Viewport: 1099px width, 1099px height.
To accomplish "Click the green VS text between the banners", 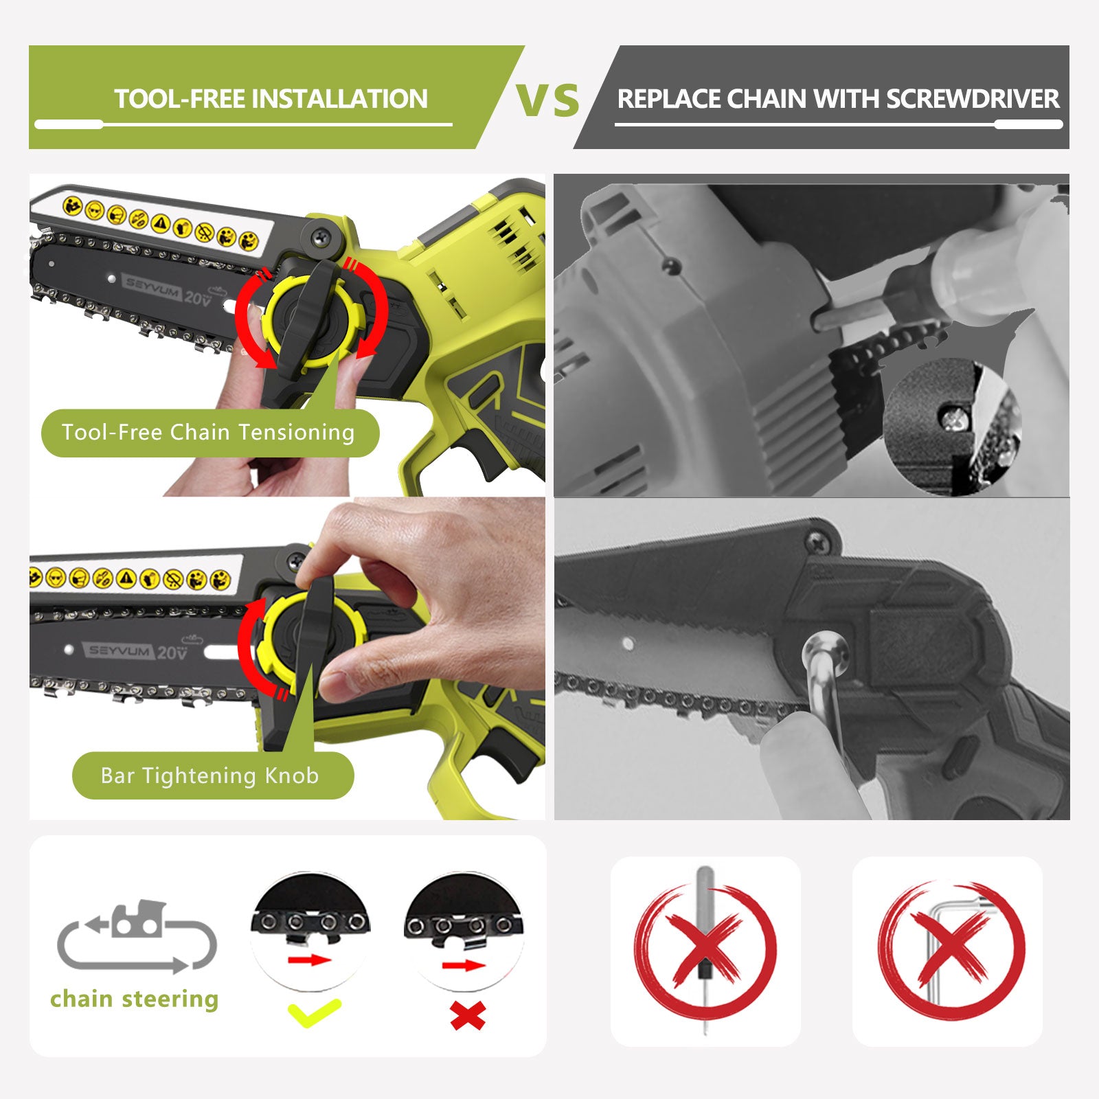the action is click(x=547, y=100).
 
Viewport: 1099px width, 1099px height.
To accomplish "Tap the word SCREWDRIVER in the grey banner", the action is click(x=973, y=99).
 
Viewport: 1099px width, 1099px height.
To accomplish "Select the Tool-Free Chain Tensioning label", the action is click(x=208, y=432).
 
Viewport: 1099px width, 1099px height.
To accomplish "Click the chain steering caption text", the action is click(x=135, y=999).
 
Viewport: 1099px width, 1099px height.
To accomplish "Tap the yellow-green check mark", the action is click(x=314, y=1012).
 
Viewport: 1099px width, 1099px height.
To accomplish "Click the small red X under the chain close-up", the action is click(x=468, y=1015).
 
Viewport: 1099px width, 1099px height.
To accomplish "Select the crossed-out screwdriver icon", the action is click(x=705, y=951).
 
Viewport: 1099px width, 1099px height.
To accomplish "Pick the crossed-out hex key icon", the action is click(x=951, y=951).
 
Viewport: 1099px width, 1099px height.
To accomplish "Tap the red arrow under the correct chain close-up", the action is click(x=310, y=960).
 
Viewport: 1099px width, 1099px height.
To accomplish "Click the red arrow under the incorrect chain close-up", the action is click(x=464, y=966).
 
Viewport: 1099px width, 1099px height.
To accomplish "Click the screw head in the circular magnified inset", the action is click(x=953, y=416).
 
